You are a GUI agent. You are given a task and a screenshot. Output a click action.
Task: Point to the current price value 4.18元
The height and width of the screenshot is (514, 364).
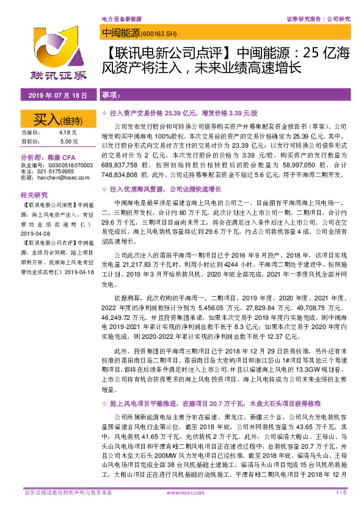click(x=68, y=132)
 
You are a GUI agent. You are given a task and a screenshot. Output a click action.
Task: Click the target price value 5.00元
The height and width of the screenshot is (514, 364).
click(x=69, y=142)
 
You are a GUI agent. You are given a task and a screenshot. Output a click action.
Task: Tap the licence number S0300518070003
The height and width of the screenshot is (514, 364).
click(x=67, y=165)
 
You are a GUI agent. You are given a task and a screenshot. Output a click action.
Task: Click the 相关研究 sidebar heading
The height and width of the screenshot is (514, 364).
click(x=34, y=195)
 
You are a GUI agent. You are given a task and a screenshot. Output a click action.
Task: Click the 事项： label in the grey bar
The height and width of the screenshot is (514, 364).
click(x=110, y=96)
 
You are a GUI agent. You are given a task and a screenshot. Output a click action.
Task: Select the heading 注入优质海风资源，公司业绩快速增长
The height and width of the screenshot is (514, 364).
click(x=159, y=190)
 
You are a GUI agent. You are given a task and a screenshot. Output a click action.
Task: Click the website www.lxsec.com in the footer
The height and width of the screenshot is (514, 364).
click(x=181, y=509)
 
